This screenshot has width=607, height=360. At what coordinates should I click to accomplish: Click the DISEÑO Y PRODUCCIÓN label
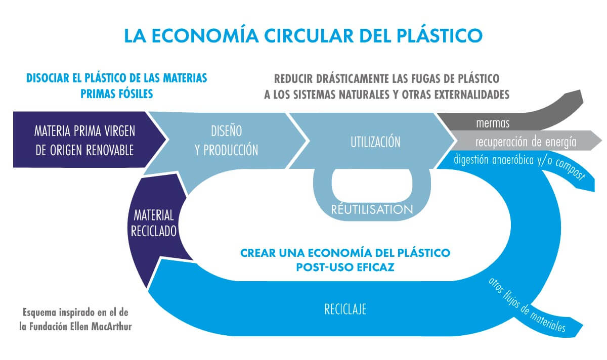[226, 140]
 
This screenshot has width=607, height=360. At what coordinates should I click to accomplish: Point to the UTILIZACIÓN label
[375, 142]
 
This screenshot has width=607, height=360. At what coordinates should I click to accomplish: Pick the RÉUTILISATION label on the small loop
[372, 209]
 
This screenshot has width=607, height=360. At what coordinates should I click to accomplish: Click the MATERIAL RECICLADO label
[153, 223]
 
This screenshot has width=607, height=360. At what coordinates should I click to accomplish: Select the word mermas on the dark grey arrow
[493, 123]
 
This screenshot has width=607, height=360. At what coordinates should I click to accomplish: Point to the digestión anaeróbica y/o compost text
[519, 165]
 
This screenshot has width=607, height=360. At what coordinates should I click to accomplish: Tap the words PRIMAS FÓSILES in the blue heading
[116, 94]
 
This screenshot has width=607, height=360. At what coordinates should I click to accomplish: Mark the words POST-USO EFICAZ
[345, 266]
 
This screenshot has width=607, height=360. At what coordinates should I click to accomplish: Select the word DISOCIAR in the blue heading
[50, 79]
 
